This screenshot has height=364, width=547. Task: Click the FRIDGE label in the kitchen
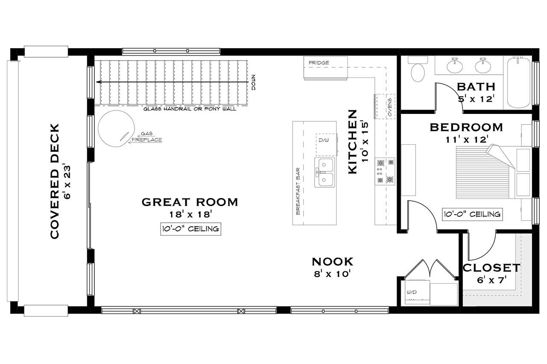click(319, 63)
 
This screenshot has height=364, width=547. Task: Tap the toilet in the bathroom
click(417, 70)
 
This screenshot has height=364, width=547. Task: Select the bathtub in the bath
click(518, 83)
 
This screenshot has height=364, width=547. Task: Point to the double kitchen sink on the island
click(325, 172)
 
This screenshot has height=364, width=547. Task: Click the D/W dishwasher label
click(323, 140)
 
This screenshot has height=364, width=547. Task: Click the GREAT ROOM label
click(189, 202)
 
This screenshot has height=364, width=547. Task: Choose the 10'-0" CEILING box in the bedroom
click(472, 214)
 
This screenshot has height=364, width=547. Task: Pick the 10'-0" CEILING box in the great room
click(191, 229)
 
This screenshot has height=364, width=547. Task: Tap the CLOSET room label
click(491, 268)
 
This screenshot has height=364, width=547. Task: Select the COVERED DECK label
click(54, 181)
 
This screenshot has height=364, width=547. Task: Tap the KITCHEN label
click(352, 142)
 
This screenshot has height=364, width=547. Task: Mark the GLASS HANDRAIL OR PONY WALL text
click(195, 109)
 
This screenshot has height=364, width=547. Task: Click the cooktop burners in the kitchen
click(385, 171)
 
